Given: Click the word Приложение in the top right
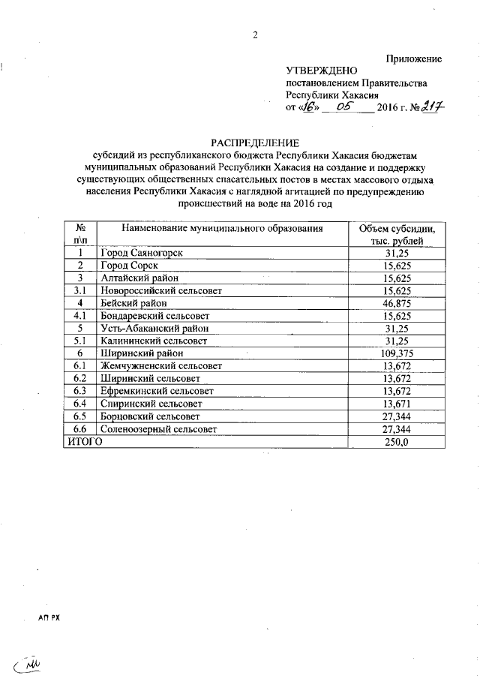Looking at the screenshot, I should (x=414, y=59).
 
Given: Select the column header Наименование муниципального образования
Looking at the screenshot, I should (x=223, y=228).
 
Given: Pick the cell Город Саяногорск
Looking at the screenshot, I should (x=142, y=254).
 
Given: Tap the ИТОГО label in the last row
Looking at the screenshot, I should (x=82, y=442).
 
